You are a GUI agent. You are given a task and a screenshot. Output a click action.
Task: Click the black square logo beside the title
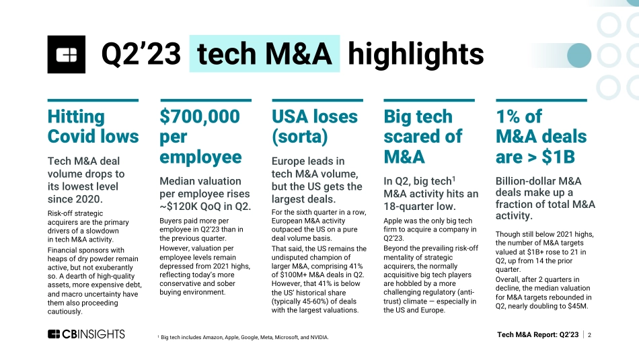pos(66,55)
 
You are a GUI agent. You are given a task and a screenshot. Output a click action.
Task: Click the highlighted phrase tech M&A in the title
pos(264,55)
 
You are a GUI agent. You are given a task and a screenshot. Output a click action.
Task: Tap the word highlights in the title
pos(416,55)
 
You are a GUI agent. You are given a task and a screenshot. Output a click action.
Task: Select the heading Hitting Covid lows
pos(93,127)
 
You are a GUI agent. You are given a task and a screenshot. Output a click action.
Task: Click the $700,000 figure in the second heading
pos(200,116)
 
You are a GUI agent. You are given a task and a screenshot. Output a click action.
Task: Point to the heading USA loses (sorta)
pos(315,127)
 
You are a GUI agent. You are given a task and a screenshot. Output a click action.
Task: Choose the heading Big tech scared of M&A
pos(422,137)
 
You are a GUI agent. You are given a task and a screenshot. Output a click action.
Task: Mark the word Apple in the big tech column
pos(395,221)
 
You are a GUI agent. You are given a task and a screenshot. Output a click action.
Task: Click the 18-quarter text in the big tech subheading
pos(411,207)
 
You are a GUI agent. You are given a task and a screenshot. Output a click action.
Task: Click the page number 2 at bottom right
pos(589,334)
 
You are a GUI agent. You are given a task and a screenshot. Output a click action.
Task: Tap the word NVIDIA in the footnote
pos(315,336)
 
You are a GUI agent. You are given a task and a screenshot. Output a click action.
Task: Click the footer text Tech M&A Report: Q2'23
pos(537,334)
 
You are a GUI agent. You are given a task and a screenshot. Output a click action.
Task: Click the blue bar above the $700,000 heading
pos(205,100)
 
